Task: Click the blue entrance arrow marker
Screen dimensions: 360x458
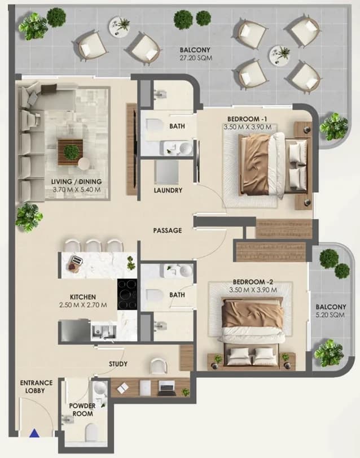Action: click(34, 433)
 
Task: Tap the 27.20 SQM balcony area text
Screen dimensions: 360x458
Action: click(195, 58)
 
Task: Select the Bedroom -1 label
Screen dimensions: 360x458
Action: click(247, 119)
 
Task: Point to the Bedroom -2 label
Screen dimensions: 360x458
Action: click(253, 282)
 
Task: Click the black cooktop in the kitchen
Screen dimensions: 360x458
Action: click(127, 294)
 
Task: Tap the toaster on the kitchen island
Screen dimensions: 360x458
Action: click(77, 260)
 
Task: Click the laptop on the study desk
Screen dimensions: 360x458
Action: click(166, 388)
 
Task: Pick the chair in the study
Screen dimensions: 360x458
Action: click(159, 367)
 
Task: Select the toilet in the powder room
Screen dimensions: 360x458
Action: click(91, 433)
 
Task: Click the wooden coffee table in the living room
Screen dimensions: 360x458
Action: click(71, 152)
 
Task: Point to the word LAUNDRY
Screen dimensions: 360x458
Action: click(168, 190)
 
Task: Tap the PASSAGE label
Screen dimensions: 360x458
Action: click(168, 230)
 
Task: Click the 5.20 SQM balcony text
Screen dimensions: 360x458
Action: click(331, 315)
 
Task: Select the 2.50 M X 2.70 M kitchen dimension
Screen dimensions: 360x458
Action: click(83, 305)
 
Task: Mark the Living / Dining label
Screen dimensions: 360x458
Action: click(76, 181)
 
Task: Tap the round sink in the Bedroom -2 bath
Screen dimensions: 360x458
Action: click(186, 271)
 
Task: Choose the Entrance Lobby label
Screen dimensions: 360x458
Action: click(37, 386)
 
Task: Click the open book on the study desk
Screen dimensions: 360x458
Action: click(123, 388)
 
